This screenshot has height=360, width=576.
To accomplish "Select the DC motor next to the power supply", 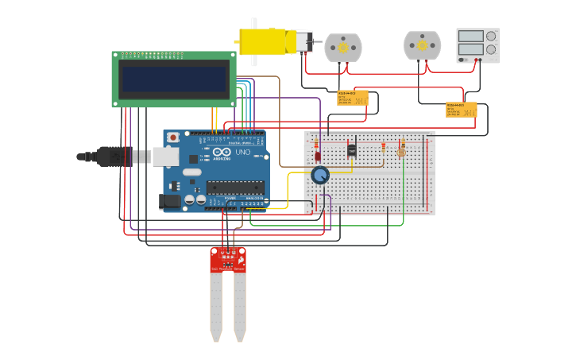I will tap(422, 45).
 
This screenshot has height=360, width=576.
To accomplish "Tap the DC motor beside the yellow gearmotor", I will tap(343, 47).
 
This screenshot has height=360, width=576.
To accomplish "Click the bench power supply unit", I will tap(477, 45).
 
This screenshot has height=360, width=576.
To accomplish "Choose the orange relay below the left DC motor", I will tap(352, 98).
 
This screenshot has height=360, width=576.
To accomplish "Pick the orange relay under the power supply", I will tap(461, 110).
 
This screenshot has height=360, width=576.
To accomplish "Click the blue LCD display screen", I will tap(174, 79).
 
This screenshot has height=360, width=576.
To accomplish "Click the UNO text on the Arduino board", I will tap(242, 152).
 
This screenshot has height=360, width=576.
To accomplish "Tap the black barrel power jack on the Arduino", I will tap(170, 203).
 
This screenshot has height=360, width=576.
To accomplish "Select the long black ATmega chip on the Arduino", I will tap(234, 188).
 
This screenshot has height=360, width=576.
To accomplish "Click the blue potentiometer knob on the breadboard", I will tap(320, 175).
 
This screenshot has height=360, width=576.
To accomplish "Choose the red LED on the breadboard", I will tap(318, 157).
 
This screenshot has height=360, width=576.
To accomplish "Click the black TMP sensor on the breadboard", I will tap(352, 149).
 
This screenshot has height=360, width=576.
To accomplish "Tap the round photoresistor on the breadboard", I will tap(401, 152).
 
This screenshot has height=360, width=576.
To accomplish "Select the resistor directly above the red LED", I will tap(317, 144).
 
